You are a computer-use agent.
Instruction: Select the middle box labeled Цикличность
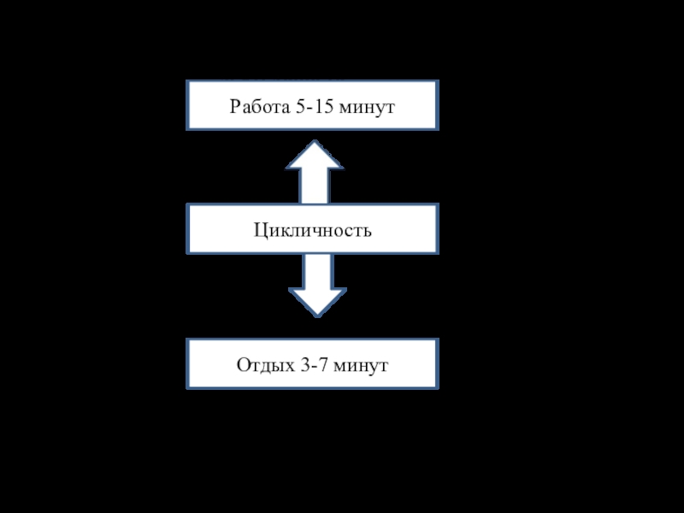313,228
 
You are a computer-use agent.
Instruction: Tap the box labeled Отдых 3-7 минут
313,365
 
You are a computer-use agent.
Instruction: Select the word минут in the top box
369,108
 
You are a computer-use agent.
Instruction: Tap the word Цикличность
313,229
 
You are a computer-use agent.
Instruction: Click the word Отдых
262,366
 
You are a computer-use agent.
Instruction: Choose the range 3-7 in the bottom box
314,366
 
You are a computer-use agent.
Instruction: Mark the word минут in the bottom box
363,366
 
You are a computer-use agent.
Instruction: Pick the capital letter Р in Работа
234,108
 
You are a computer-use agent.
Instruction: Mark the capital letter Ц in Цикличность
259,229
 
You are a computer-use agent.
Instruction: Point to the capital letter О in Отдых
243,366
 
